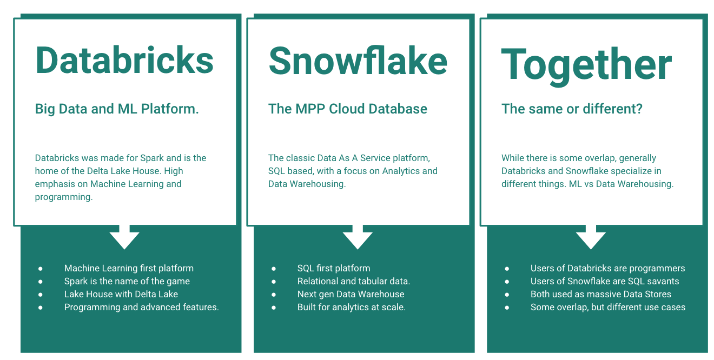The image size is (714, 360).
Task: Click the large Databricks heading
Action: [124, 60]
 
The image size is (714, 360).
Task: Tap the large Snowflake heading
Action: [358, 60]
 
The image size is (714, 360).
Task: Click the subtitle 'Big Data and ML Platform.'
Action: [117, 109]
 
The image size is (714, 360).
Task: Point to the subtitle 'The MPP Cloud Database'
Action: [348, 109]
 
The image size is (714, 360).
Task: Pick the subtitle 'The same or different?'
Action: [572, 109]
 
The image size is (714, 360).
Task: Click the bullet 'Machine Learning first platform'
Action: [129, 268]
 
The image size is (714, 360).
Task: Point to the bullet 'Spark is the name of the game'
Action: [127, 281]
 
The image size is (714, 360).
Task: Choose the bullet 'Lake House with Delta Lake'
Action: [121, 294]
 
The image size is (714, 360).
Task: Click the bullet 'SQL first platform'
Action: [334, 268]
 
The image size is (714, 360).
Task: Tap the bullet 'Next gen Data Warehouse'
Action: [351, 294]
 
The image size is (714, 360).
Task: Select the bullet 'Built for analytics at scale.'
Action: [351, 307]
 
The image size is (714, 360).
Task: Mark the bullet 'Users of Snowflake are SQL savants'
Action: [604, 281]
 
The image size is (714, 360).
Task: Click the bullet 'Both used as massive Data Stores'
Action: [600, 294]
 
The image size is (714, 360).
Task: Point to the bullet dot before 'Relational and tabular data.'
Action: [274, 282]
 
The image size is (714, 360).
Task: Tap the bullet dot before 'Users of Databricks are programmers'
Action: [507, 269]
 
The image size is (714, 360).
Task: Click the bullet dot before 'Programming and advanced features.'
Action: [41, 308]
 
